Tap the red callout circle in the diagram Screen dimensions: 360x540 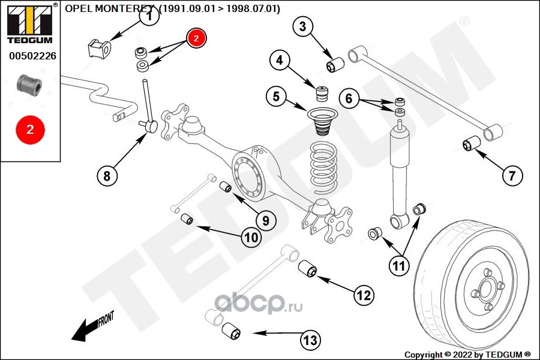pyautogui.click(x=197, y=38)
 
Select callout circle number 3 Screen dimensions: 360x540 pyautogui.click(x=302, y=26)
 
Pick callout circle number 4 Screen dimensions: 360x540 pyautogui.click(x=280, y=60)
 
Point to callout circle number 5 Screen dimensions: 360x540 pyautogui.click(x=276, y=96)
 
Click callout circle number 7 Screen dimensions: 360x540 pyautogui.click(x=512, y=176)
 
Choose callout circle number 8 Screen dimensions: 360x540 pyautogui.click(x=107, y=176)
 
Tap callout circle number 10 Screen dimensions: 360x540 pyautogui.click(x=251, y=238)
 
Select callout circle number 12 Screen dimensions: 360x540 pyautogui.click(x=364, y=295)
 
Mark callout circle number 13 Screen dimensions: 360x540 pyautogui.click(x=309, y=341)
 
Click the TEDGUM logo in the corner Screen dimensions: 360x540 pyautogui.click(x=29, y=24)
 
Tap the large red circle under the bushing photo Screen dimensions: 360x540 pyautogui.click(x=30, y=128)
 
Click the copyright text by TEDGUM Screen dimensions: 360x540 pyautogui.click(x=467, y=354)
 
